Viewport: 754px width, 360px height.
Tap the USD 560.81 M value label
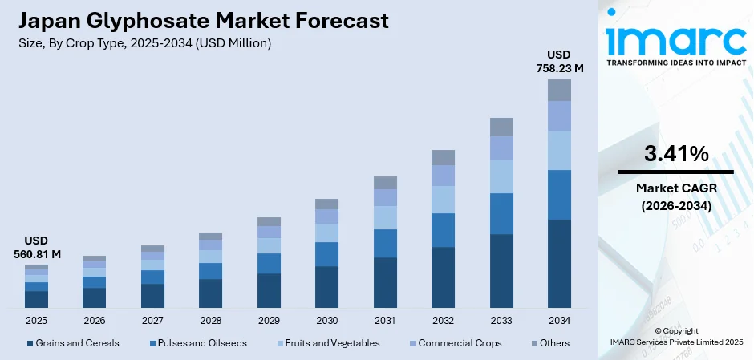coord(36,248)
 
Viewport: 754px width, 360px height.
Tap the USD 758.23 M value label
coord(559,62)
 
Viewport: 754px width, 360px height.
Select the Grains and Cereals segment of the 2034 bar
coord(559,264)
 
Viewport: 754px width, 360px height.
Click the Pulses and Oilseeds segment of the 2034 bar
coord(559,195)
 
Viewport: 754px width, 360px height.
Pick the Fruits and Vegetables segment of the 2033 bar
coord(501,176)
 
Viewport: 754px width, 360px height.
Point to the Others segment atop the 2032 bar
coord(443,157)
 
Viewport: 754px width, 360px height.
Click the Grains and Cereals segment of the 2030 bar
coord(326,287)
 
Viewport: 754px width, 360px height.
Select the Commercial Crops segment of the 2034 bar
coord(559,115)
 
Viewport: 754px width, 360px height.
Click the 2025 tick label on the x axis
coord(36,321)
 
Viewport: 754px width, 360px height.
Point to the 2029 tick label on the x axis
coord(269,321)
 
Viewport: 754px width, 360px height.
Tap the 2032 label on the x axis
coord(443,321)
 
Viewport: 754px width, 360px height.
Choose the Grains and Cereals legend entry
coord(73,343)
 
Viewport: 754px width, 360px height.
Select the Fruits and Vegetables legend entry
coord(330,343)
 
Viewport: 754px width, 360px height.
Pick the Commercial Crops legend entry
coord(458,343)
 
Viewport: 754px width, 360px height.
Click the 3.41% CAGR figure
coord(675,154)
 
